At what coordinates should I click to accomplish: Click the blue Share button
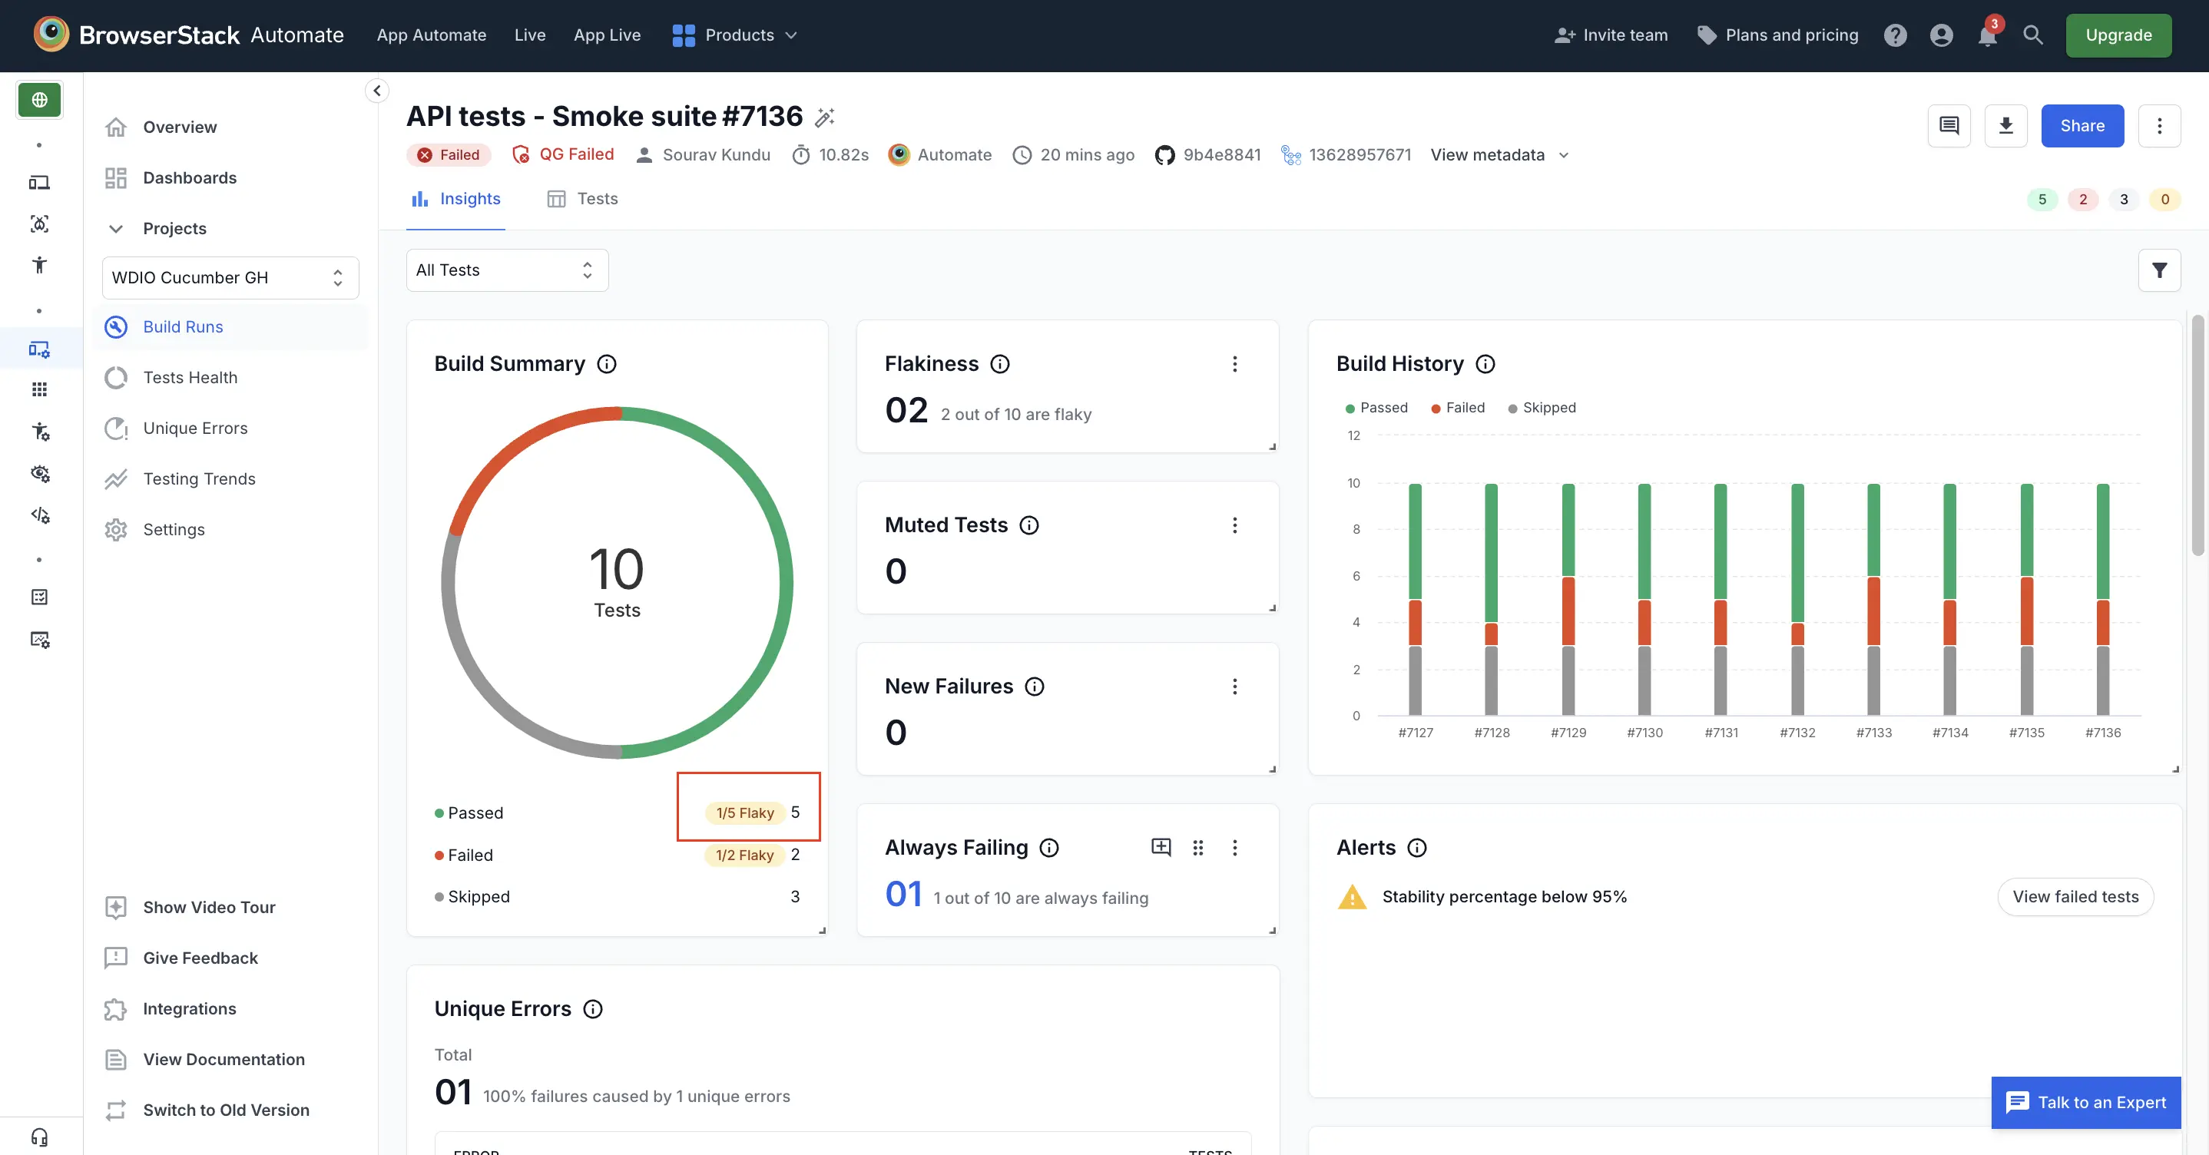pyautogui.click(x=2081, y=126)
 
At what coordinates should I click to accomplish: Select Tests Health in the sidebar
pyautogui.click(x=190, y=377)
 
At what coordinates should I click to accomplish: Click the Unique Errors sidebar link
pyautogui.click(x=194, y=428)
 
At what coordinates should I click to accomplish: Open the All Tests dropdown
pyautogui.click(x=506, y=270)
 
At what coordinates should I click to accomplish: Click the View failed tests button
pyautogui.click(x=2075, y=896)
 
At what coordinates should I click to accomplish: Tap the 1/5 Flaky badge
pyautogui.click(x=744, y=812)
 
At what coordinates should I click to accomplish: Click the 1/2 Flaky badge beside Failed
pyautogui.click(x=744, y=855)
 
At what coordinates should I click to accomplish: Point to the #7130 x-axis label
pyautogui.click(x=1644, y=733)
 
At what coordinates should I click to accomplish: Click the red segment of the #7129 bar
pyautogui.click(x=1568, y=611)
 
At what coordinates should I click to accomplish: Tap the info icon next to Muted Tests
pyautogui.click(x=1028, y=525)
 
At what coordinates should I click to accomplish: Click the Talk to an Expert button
pyautogui.click(x=2085, y=1102)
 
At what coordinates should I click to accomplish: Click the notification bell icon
pyautogui.click(x=1986, y=36)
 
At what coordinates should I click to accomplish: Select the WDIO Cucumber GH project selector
pyautogui.click(x=230, y=278)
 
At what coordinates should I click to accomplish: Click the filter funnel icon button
pyautogui.click(x=2158, y=270)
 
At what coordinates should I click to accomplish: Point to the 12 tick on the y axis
pyautogui.click(x=1353, y=435)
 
